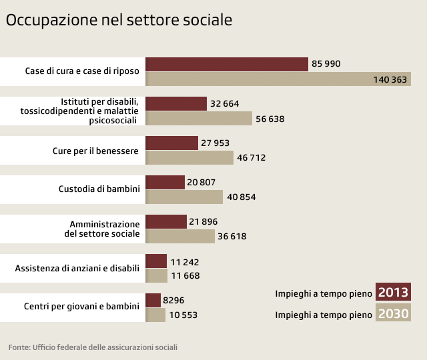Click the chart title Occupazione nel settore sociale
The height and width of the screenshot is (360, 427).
[x=119, y=21]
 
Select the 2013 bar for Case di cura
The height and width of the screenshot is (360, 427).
[x=226, y=64]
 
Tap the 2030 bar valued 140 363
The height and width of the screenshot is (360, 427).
[x=278, y=79]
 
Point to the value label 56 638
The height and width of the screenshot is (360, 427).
[x=270, y=119]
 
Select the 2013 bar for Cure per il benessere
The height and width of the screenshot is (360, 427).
[x=171, y=143]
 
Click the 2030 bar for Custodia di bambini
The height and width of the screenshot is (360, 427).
[x=183, y=197]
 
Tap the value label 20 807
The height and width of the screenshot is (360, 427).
[x=201, y=182]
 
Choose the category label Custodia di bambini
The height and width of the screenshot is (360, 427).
[x=99, y=189]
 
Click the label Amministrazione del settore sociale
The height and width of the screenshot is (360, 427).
[x=105, y=229]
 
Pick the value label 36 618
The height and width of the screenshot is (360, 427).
[x=232, y=237]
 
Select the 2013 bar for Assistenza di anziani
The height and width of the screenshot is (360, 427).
[x=155, y=261]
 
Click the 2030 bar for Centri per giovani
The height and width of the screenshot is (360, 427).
[x=155, y=315]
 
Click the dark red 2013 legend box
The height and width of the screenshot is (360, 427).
[x=393, y=293]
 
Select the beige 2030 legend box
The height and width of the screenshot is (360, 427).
[x=393, y=314]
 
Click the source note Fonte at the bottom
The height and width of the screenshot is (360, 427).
[x=93, y=347]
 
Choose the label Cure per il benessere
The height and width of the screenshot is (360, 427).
[x=95, y=151]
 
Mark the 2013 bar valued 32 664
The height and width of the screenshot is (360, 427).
[x=175, y=103]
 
